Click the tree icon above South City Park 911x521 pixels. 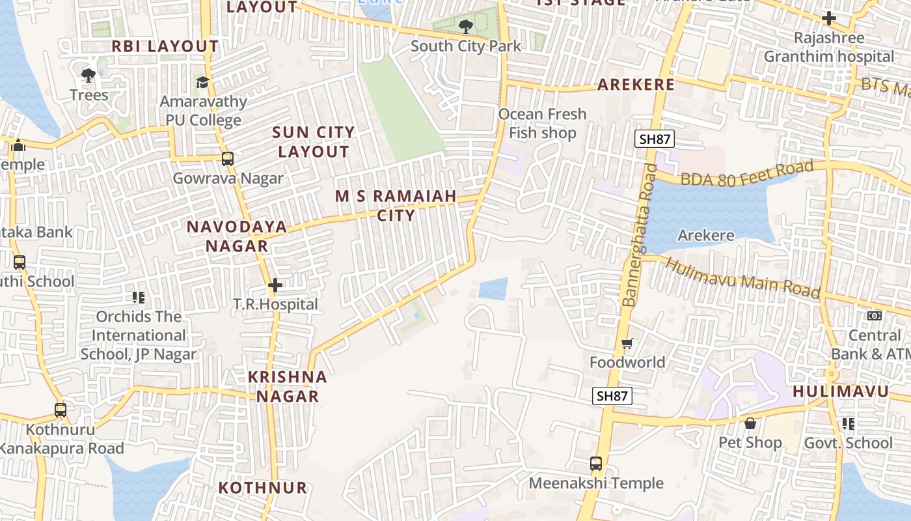click(x=465, y=27)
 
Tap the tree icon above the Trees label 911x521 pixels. click(x=88, y=76)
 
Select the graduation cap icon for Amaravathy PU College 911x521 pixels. click(x=203, y=82)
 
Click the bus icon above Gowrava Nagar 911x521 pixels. click(x=227, y=158)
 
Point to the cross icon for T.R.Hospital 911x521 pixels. click(x=275, y=285)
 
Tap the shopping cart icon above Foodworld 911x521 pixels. click(x=627, y=343)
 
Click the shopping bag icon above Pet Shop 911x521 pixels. click(x=750, y=423)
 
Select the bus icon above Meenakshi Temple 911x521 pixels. click(x=596, y=464)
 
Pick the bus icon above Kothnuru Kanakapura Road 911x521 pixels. click(x=61, y=410)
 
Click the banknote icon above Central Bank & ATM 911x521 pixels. click(x=875, y=316)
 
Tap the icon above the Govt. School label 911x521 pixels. click(x=848, y=424)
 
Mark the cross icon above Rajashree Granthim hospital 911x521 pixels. click(x=828, y=18)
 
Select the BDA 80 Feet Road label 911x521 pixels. click(x=747, y=174)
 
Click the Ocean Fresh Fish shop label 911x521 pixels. click(x=542, y=124)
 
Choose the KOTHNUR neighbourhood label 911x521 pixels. click(x=262, y=488)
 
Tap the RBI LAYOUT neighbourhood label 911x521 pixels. click(x=165, y=46)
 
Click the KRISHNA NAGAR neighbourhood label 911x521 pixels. click(x=287, y=386)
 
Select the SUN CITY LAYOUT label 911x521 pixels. click(x=314, y=142)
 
